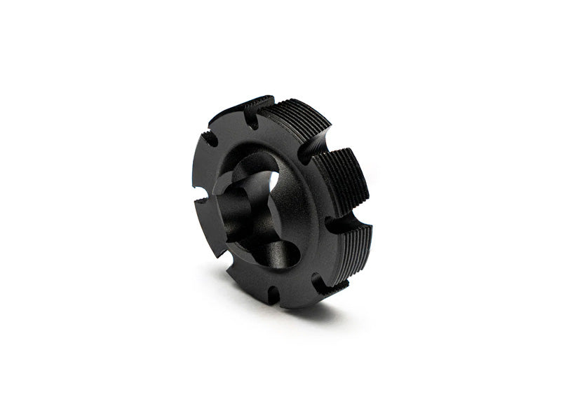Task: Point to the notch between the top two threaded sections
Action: [x=306, y=150]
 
